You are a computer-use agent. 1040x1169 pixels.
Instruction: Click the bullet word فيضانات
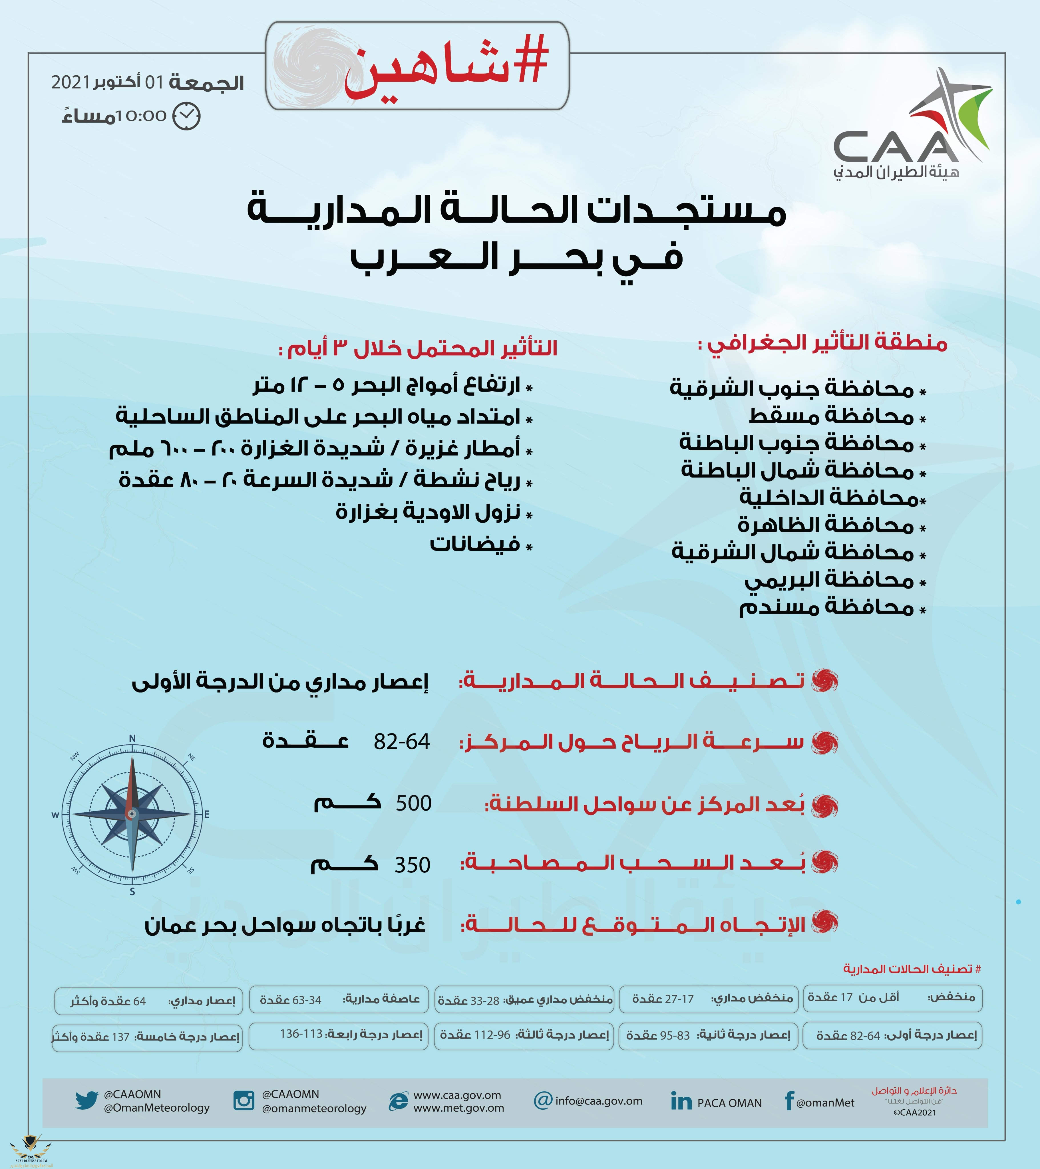tap(475, 543)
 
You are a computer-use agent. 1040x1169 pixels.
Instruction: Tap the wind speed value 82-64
tap(402, 742)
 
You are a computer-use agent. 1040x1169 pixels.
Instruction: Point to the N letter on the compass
tap(132, 738)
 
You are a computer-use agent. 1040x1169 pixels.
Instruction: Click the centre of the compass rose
tap(132, 813)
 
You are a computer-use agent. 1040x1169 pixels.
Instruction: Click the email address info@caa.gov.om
tap(598, 1101)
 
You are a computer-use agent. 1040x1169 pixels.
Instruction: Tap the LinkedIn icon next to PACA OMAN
tap(681, 1102)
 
